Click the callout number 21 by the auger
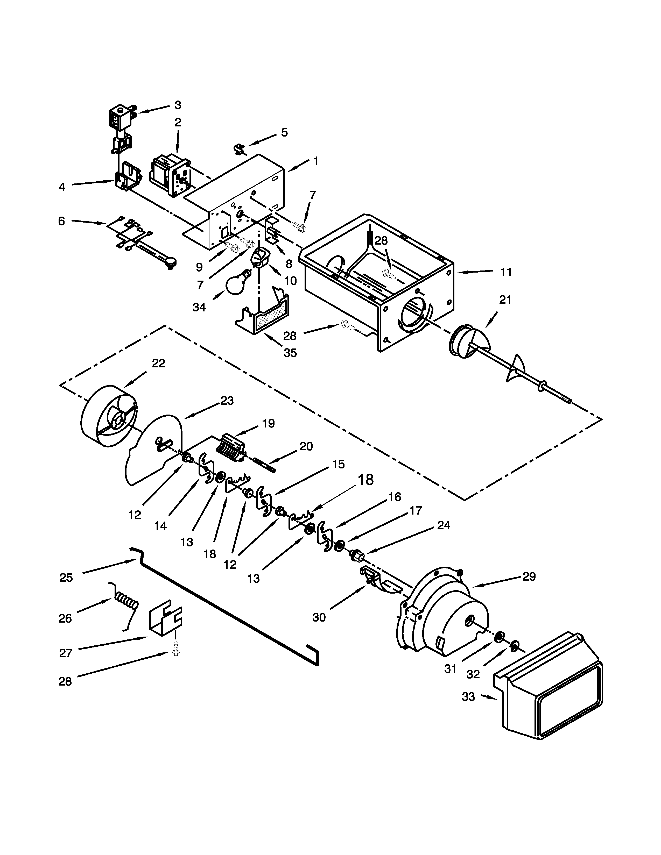505,300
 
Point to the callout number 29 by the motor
529,577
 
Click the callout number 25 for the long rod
66,578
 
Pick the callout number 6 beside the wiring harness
61,221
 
